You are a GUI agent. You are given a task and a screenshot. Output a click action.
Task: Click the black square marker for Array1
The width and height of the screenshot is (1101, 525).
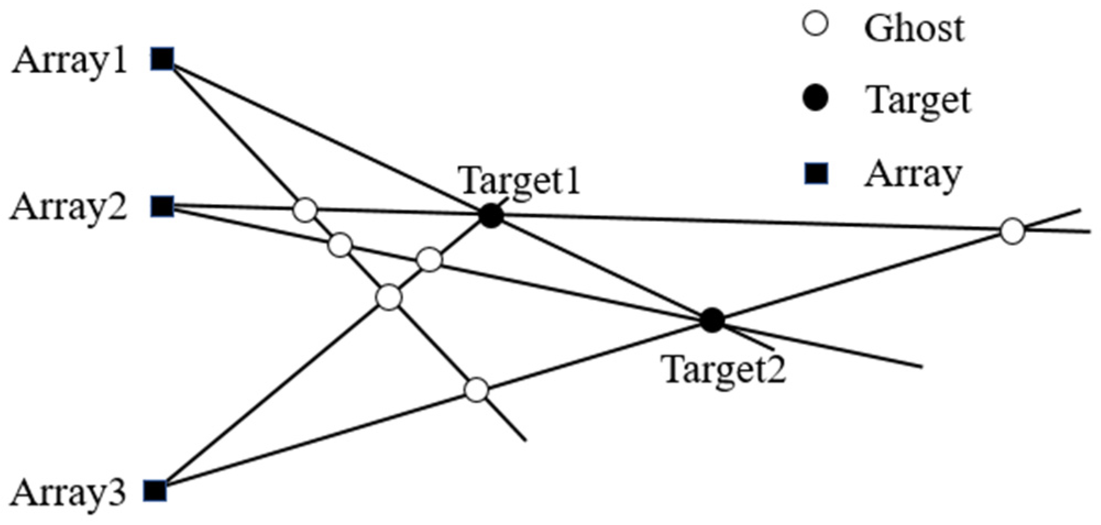point(163,59)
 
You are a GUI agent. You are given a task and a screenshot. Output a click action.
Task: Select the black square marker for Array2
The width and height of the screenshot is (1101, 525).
point(163,206)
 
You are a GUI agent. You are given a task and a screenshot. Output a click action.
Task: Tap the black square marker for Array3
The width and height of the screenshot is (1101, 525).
point(155,490)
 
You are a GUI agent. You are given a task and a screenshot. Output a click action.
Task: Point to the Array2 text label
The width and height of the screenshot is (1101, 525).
point(69,208)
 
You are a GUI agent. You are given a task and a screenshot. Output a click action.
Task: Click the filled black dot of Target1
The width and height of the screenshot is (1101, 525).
point(491,216)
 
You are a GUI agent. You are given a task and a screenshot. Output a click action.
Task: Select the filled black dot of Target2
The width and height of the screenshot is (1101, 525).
point(713,320)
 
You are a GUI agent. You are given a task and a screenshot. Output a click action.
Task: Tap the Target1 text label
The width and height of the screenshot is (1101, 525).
point(520,180)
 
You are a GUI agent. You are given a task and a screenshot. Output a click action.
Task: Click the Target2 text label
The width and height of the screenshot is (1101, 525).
point(725,369)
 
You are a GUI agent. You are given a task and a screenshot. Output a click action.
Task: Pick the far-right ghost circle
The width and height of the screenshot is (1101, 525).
point(1012,231)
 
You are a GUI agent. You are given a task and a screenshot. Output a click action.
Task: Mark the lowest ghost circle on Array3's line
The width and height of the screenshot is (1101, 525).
point(476,390)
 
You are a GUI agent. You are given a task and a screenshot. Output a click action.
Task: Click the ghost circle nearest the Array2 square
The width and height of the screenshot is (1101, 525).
point(305,209)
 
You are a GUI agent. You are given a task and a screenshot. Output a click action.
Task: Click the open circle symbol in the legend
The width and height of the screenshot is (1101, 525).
point(816,25)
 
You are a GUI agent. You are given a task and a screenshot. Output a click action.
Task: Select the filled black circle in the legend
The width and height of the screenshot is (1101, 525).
point(816,99)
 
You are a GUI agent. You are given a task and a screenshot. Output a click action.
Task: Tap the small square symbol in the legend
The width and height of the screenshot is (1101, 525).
point(816,174)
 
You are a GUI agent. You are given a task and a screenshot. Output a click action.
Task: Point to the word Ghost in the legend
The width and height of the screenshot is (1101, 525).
point(913,27)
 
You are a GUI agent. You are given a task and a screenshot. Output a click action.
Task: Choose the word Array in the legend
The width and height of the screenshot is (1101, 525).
point(913,175)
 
